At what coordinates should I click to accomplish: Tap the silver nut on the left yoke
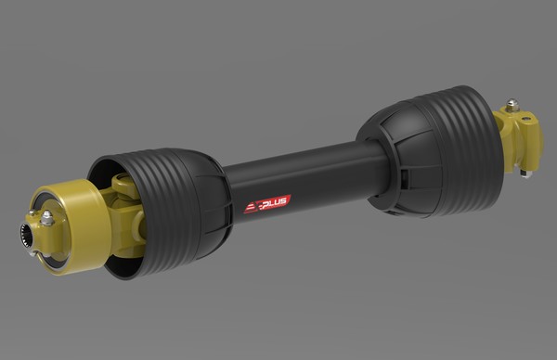(x=46, y=217)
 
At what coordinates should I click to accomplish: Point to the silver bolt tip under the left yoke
(x=33, y=254)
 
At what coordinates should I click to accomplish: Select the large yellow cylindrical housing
(x=68, y=227)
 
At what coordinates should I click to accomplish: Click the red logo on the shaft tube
(x=267, y=204)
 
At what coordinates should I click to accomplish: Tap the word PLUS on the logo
(x=275, y=202)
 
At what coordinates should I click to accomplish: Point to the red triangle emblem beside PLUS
(x=252, y=208)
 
